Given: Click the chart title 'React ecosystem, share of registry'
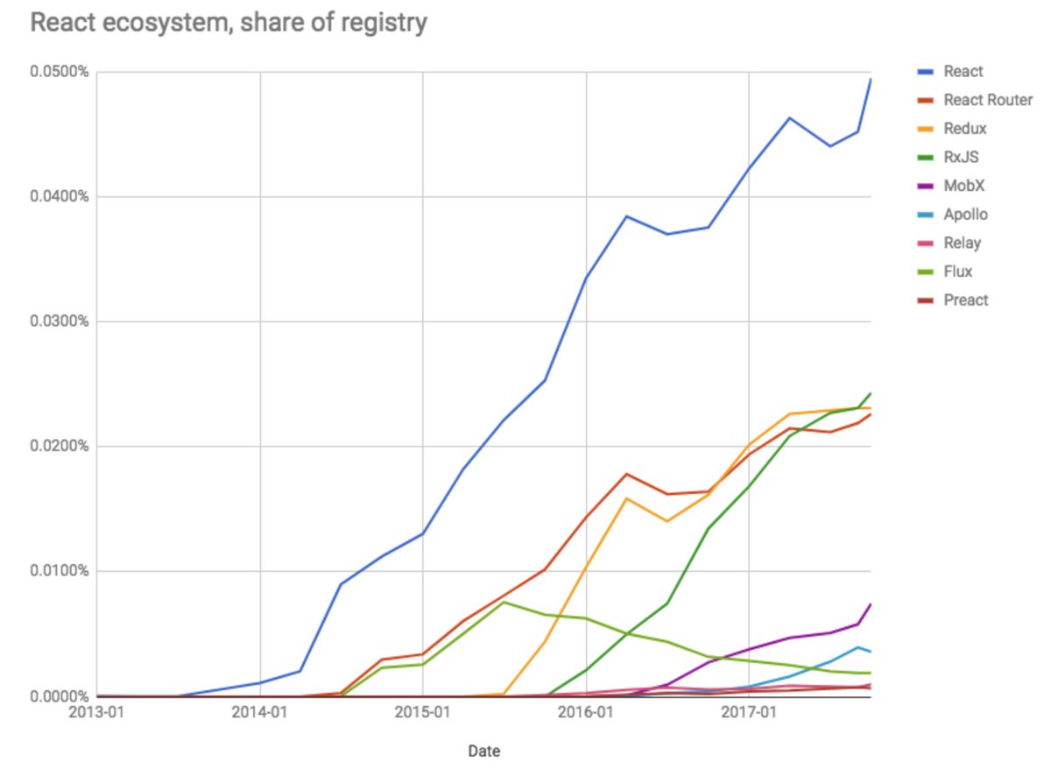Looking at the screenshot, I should tap(229, 23).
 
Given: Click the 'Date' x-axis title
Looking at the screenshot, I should tap(483, 751).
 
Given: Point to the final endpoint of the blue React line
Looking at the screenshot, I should tap(871, 79).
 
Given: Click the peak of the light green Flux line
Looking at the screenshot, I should tap(504, 602).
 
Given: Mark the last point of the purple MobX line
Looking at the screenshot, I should tap(871, 604).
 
